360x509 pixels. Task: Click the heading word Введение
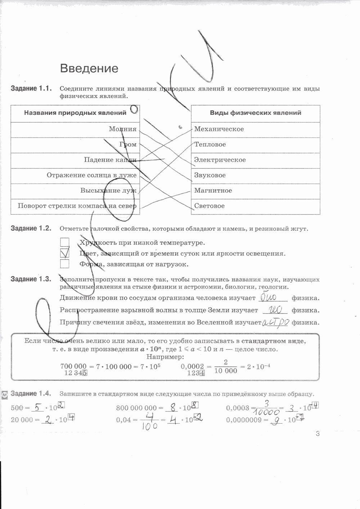click(89, 68)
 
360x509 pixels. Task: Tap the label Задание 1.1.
click(31, 89)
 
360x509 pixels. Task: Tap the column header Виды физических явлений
click(255, 113)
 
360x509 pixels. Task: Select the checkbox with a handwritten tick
click(65, 253)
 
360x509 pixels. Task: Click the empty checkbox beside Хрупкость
click(65, 242)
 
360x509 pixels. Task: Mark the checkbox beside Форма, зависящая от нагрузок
click(65, 264)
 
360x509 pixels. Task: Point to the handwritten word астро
click(275, 322)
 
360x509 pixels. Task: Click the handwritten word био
click(268, 298)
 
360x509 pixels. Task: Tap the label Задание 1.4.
click(31, 393)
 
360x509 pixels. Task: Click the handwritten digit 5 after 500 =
click(37, 407)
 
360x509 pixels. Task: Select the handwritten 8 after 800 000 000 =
click(173, 407)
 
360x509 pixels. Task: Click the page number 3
click(318, 433)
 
